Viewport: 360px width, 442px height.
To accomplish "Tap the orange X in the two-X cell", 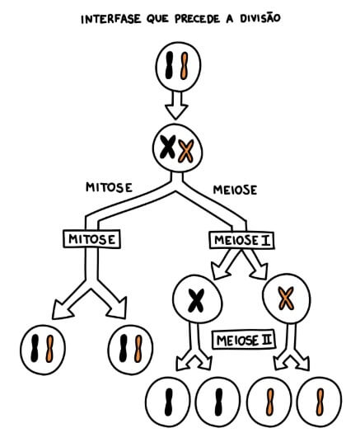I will [x=186, y=151].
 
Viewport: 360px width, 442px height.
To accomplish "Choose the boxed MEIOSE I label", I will [x=243, y=239].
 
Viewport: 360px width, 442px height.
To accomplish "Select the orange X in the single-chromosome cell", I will [x=286, y=297].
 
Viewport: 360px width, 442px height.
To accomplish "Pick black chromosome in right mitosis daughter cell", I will [x=124, y=347].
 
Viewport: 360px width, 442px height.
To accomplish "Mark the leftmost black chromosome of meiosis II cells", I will [x=168, y=402].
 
